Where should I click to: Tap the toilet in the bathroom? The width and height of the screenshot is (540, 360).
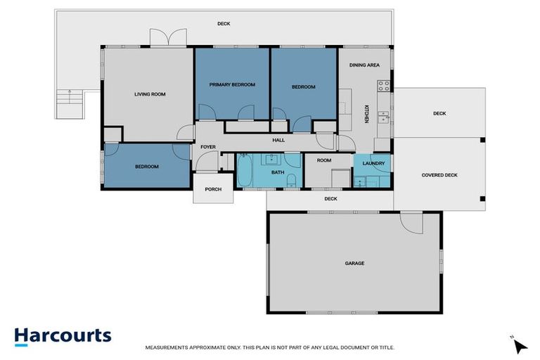[x=291, y=184]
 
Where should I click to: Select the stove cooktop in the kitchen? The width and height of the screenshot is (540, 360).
[x=384, y=86]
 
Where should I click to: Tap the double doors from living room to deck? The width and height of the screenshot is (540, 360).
[x=168, y=38]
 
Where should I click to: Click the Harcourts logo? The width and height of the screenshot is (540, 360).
[x=63, y=335]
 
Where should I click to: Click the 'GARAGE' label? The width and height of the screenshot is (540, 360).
[x=354, y=263]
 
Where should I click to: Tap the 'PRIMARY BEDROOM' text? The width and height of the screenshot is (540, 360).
[x=232, y=84]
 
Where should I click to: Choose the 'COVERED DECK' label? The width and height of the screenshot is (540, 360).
[x=439, y=175]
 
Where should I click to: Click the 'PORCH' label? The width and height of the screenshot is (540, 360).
[x=212, y=189]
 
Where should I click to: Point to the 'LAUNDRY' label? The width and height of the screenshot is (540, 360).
[x=373, y=163]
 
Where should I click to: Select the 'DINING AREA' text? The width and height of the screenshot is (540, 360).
[x=364, y=65]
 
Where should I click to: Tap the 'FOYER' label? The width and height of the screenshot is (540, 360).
[x=207, y=147]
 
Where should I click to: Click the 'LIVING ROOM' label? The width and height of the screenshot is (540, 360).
[x=150, y=94]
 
